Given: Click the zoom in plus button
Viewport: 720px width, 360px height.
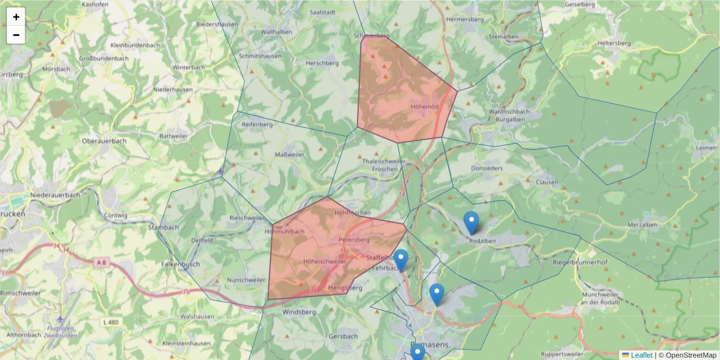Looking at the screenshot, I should click(16, 17).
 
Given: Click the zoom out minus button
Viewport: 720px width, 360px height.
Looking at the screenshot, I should click(16, 35).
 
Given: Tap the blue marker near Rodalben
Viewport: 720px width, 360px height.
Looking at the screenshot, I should click(472, 223).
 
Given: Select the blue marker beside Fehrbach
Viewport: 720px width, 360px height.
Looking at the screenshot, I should click(401, 260).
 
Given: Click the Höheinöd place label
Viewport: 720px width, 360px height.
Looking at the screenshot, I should click(425, 106).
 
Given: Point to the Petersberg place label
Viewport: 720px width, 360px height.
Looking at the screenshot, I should click(354, 239).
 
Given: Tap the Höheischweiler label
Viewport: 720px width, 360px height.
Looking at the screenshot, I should click(325, 262).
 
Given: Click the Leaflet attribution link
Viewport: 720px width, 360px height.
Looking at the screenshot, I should click(641, 355).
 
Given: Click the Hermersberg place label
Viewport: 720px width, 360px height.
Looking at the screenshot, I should click(465, 19).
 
